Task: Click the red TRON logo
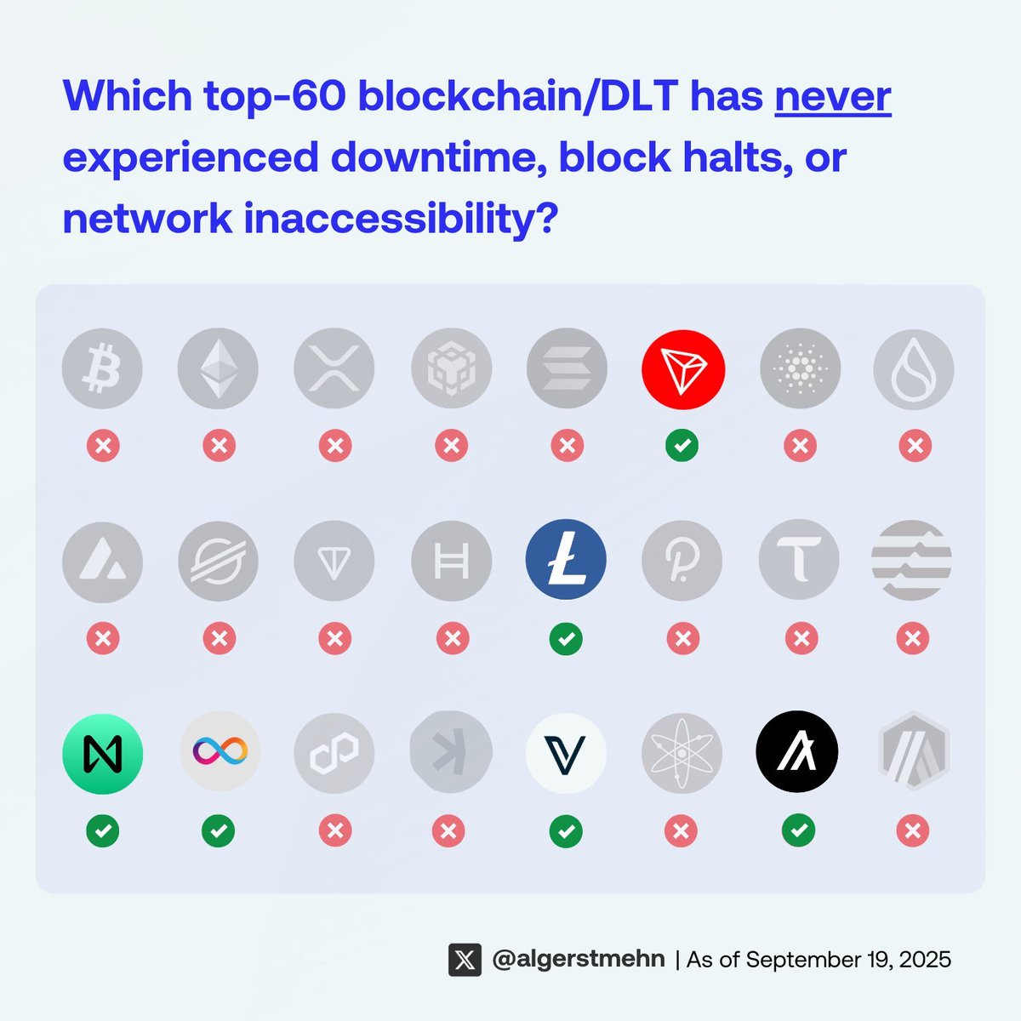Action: point(682,369)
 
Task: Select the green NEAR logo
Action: point(102,754)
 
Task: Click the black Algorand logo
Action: point(797,752)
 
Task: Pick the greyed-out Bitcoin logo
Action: point(102,369)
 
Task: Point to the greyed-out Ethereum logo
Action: point(218,369)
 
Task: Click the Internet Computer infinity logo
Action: point(220,750)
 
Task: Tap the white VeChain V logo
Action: point(566,754)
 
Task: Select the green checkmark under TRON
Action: point(682,445)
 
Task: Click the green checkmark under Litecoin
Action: point(566,638)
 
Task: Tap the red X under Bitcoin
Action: point(103,445)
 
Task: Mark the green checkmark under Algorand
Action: point(798,830)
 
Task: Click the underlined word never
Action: point(832,95)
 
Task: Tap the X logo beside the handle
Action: point(465,960)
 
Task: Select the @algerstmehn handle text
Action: point(579,960)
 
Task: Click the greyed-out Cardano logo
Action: point(800,369)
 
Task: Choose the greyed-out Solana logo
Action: point(567,369)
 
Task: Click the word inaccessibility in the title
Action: point(400,219)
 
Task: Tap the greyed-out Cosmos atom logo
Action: point(682,754)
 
